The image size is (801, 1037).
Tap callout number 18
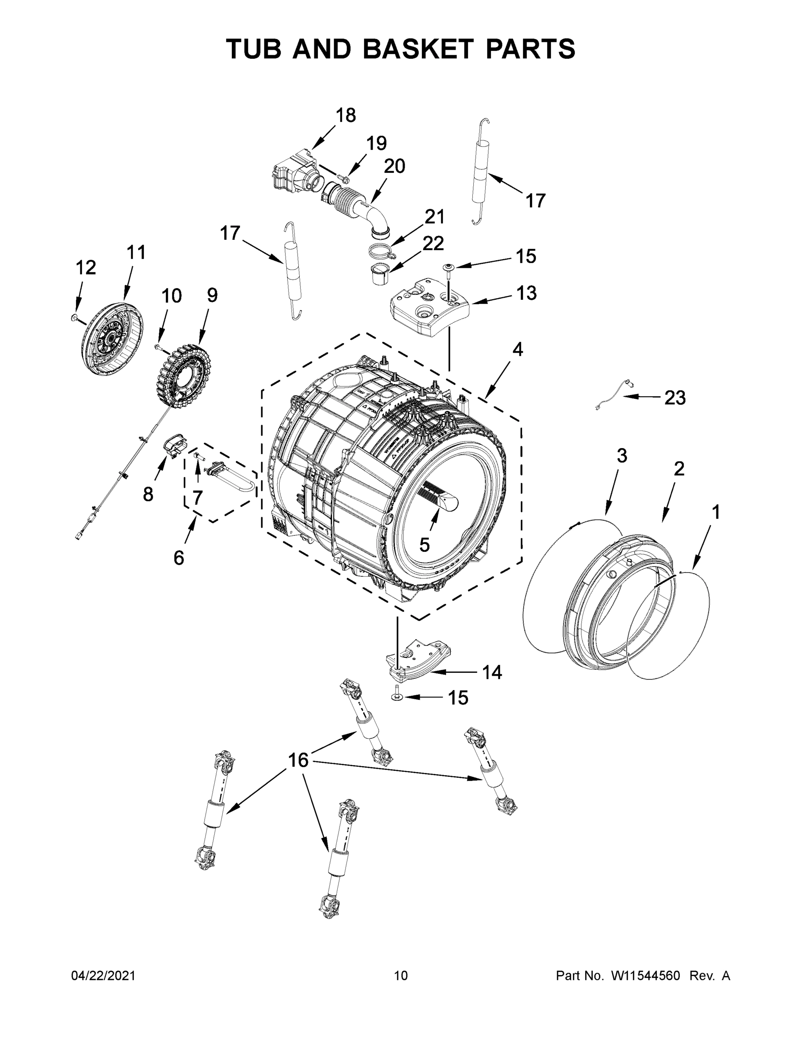(345, 115)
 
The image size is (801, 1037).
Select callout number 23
(674, 398)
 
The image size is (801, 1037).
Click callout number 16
(298, 760)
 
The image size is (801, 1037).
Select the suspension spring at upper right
(480, 172)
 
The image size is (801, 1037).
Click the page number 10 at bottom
(401, 976)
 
